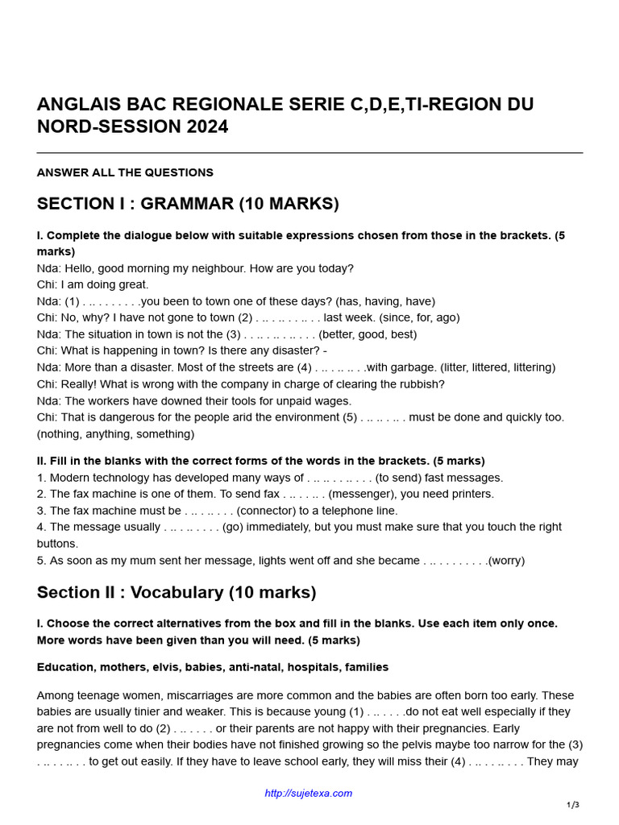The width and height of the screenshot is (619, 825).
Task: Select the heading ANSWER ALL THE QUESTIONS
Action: (x=125, y=172)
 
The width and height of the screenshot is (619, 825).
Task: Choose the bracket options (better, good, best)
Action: (x=368, y=334)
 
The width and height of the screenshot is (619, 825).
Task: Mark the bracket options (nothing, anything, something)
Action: (x=115, y=433)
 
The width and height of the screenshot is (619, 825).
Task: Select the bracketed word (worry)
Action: (x=506, y=561)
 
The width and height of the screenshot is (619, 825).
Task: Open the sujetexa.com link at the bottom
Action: (x=309, y=794)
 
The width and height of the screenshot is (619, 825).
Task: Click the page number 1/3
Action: (x=573, y=805)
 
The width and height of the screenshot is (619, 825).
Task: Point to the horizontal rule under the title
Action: (x=309, y=152)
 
